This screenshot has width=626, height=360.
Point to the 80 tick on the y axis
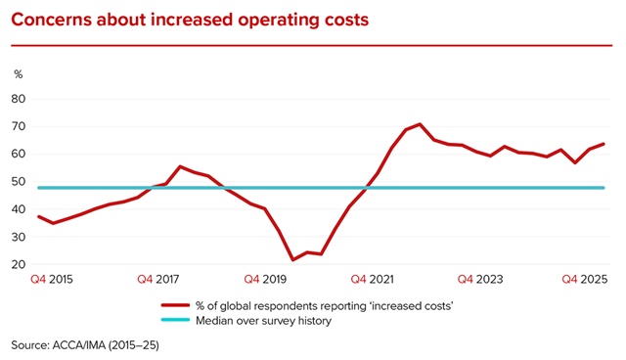[x=18, y=98]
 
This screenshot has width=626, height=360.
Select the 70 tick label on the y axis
[x=18, y=126]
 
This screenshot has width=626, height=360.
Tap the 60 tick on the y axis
[x=18, y=154]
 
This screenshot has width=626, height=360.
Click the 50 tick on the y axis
[x=18, y=181]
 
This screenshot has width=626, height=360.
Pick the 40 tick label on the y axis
[x=18, y=209]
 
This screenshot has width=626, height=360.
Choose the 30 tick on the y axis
[x=18, y=237]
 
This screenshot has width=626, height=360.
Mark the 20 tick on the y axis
[x=18, y=264]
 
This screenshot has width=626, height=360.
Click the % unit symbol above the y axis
[x=17, y=74]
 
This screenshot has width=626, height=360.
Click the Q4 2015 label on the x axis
[x=51, y=280]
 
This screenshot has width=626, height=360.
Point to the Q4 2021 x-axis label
[x=373, y=280]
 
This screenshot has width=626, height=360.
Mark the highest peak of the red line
[x=420, y=124]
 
